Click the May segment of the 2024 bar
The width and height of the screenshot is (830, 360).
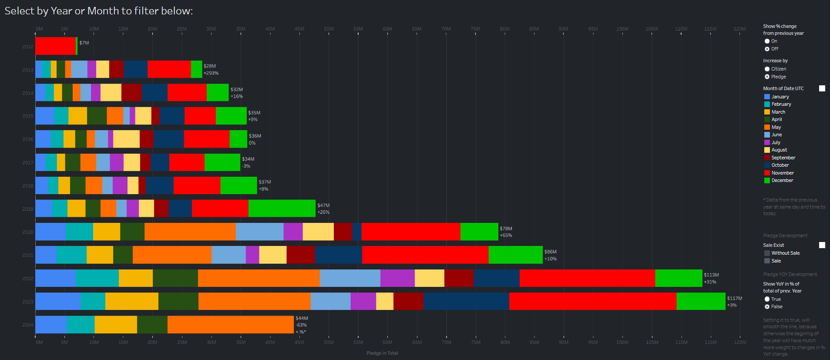(x=230, y=325)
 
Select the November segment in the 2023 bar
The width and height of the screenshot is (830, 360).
(x=592, y=301)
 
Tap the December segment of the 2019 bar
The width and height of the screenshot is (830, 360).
(x=282, y=209)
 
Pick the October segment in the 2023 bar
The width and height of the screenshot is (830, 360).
(x=466, y=301)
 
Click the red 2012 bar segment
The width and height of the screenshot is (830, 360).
(x=55, y=46)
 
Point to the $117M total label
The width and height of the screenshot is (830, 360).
(x=734, y=298)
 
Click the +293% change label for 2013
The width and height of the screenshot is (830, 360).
(x=211, y=73)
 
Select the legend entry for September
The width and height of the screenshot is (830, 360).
(x=783, y=158)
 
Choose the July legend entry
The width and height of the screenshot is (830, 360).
(x=776, y=142)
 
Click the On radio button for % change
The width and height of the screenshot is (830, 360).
(x=767, y=41)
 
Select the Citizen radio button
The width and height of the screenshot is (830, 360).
(x=767, y=69)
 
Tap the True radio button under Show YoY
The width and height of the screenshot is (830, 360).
(x=767, y=299)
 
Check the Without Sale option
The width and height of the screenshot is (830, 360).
(x=767, y=253)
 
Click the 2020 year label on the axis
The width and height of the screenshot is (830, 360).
(x=27, y=232)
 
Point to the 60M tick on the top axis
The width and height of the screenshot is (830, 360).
(x=387, y=29)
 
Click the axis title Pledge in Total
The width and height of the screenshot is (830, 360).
(x=382, y=353)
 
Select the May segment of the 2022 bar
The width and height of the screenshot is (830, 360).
(x=259, y=278)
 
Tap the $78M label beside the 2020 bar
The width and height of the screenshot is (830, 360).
(x=506, y=229)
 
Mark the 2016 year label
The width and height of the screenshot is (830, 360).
(x=27, y=139)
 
